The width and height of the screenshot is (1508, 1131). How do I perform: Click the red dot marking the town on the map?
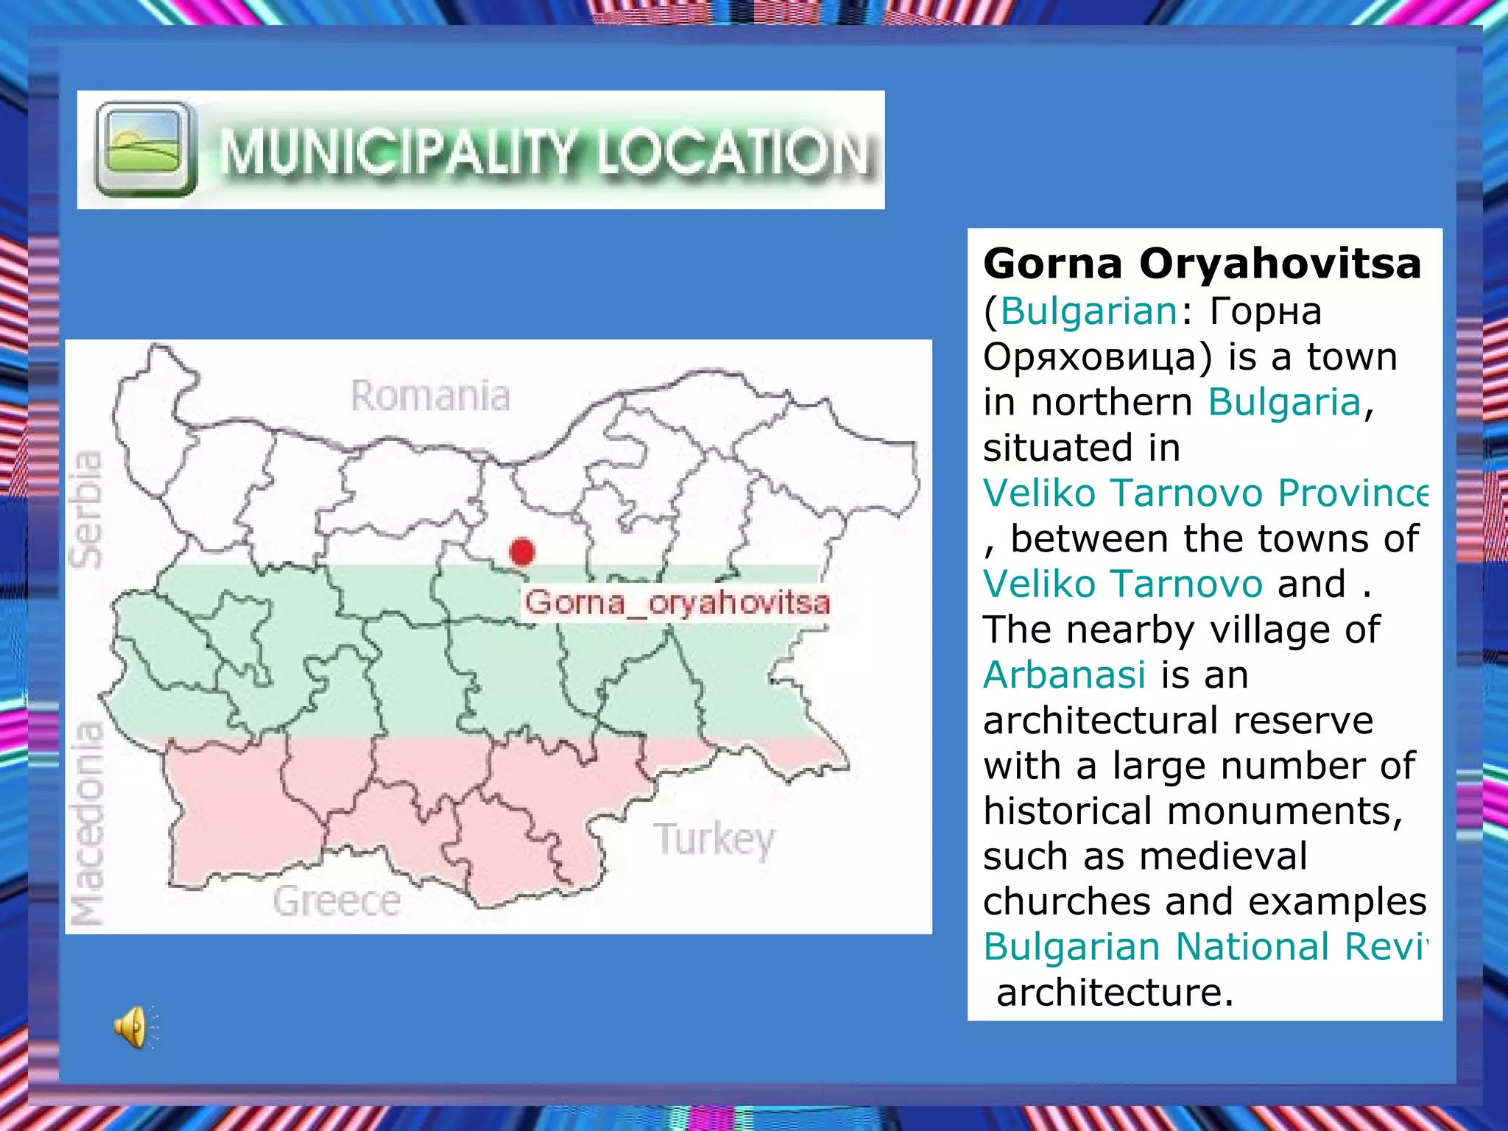point(522,551)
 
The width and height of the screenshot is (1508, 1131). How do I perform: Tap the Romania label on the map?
point(430,396)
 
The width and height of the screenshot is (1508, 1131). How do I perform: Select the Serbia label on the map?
point(85,510)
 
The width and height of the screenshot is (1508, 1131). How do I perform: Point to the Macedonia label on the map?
point(87,822)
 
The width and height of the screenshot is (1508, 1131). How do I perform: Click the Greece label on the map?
point(337,901)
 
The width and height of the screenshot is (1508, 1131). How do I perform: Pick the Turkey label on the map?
point(714,839)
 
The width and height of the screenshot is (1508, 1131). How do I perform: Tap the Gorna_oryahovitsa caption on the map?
point(677,602)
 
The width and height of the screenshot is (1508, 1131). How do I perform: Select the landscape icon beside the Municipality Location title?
point(146,149)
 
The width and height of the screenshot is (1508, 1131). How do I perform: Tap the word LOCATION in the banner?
point(733,153)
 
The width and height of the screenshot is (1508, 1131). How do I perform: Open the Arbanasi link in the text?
point(1065,674)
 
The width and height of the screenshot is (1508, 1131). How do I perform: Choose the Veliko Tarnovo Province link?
point(1205,493)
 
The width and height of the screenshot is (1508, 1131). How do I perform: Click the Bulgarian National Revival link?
point(1205,946)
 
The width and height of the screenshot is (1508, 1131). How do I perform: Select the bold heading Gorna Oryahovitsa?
point(1202,263)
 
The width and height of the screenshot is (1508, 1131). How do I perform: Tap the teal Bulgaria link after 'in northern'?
point(1284,402)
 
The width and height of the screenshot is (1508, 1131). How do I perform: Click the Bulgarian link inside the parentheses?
point(1089,311)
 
